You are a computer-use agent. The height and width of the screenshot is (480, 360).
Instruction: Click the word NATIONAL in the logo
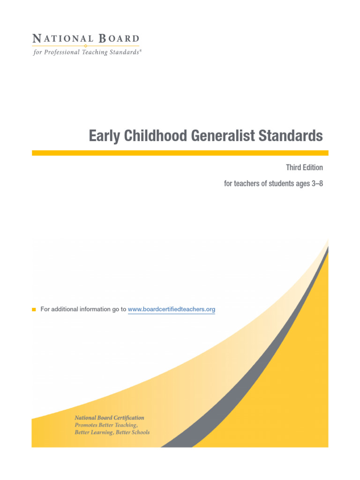click(x=59, y=38)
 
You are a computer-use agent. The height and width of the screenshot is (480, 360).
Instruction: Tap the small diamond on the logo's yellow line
click(x=85, y=46)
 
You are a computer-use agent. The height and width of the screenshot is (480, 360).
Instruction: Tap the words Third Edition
click(x=304, y=167)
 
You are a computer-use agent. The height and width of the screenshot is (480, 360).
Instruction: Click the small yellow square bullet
click(x=34, y=309)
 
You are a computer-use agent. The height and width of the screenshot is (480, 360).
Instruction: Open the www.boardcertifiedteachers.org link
click(x=171, y=309)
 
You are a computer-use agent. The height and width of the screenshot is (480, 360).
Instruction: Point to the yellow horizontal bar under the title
click(x=180, y=153)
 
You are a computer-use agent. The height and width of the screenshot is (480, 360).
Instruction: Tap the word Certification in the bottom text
click(x=127, y=418)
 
